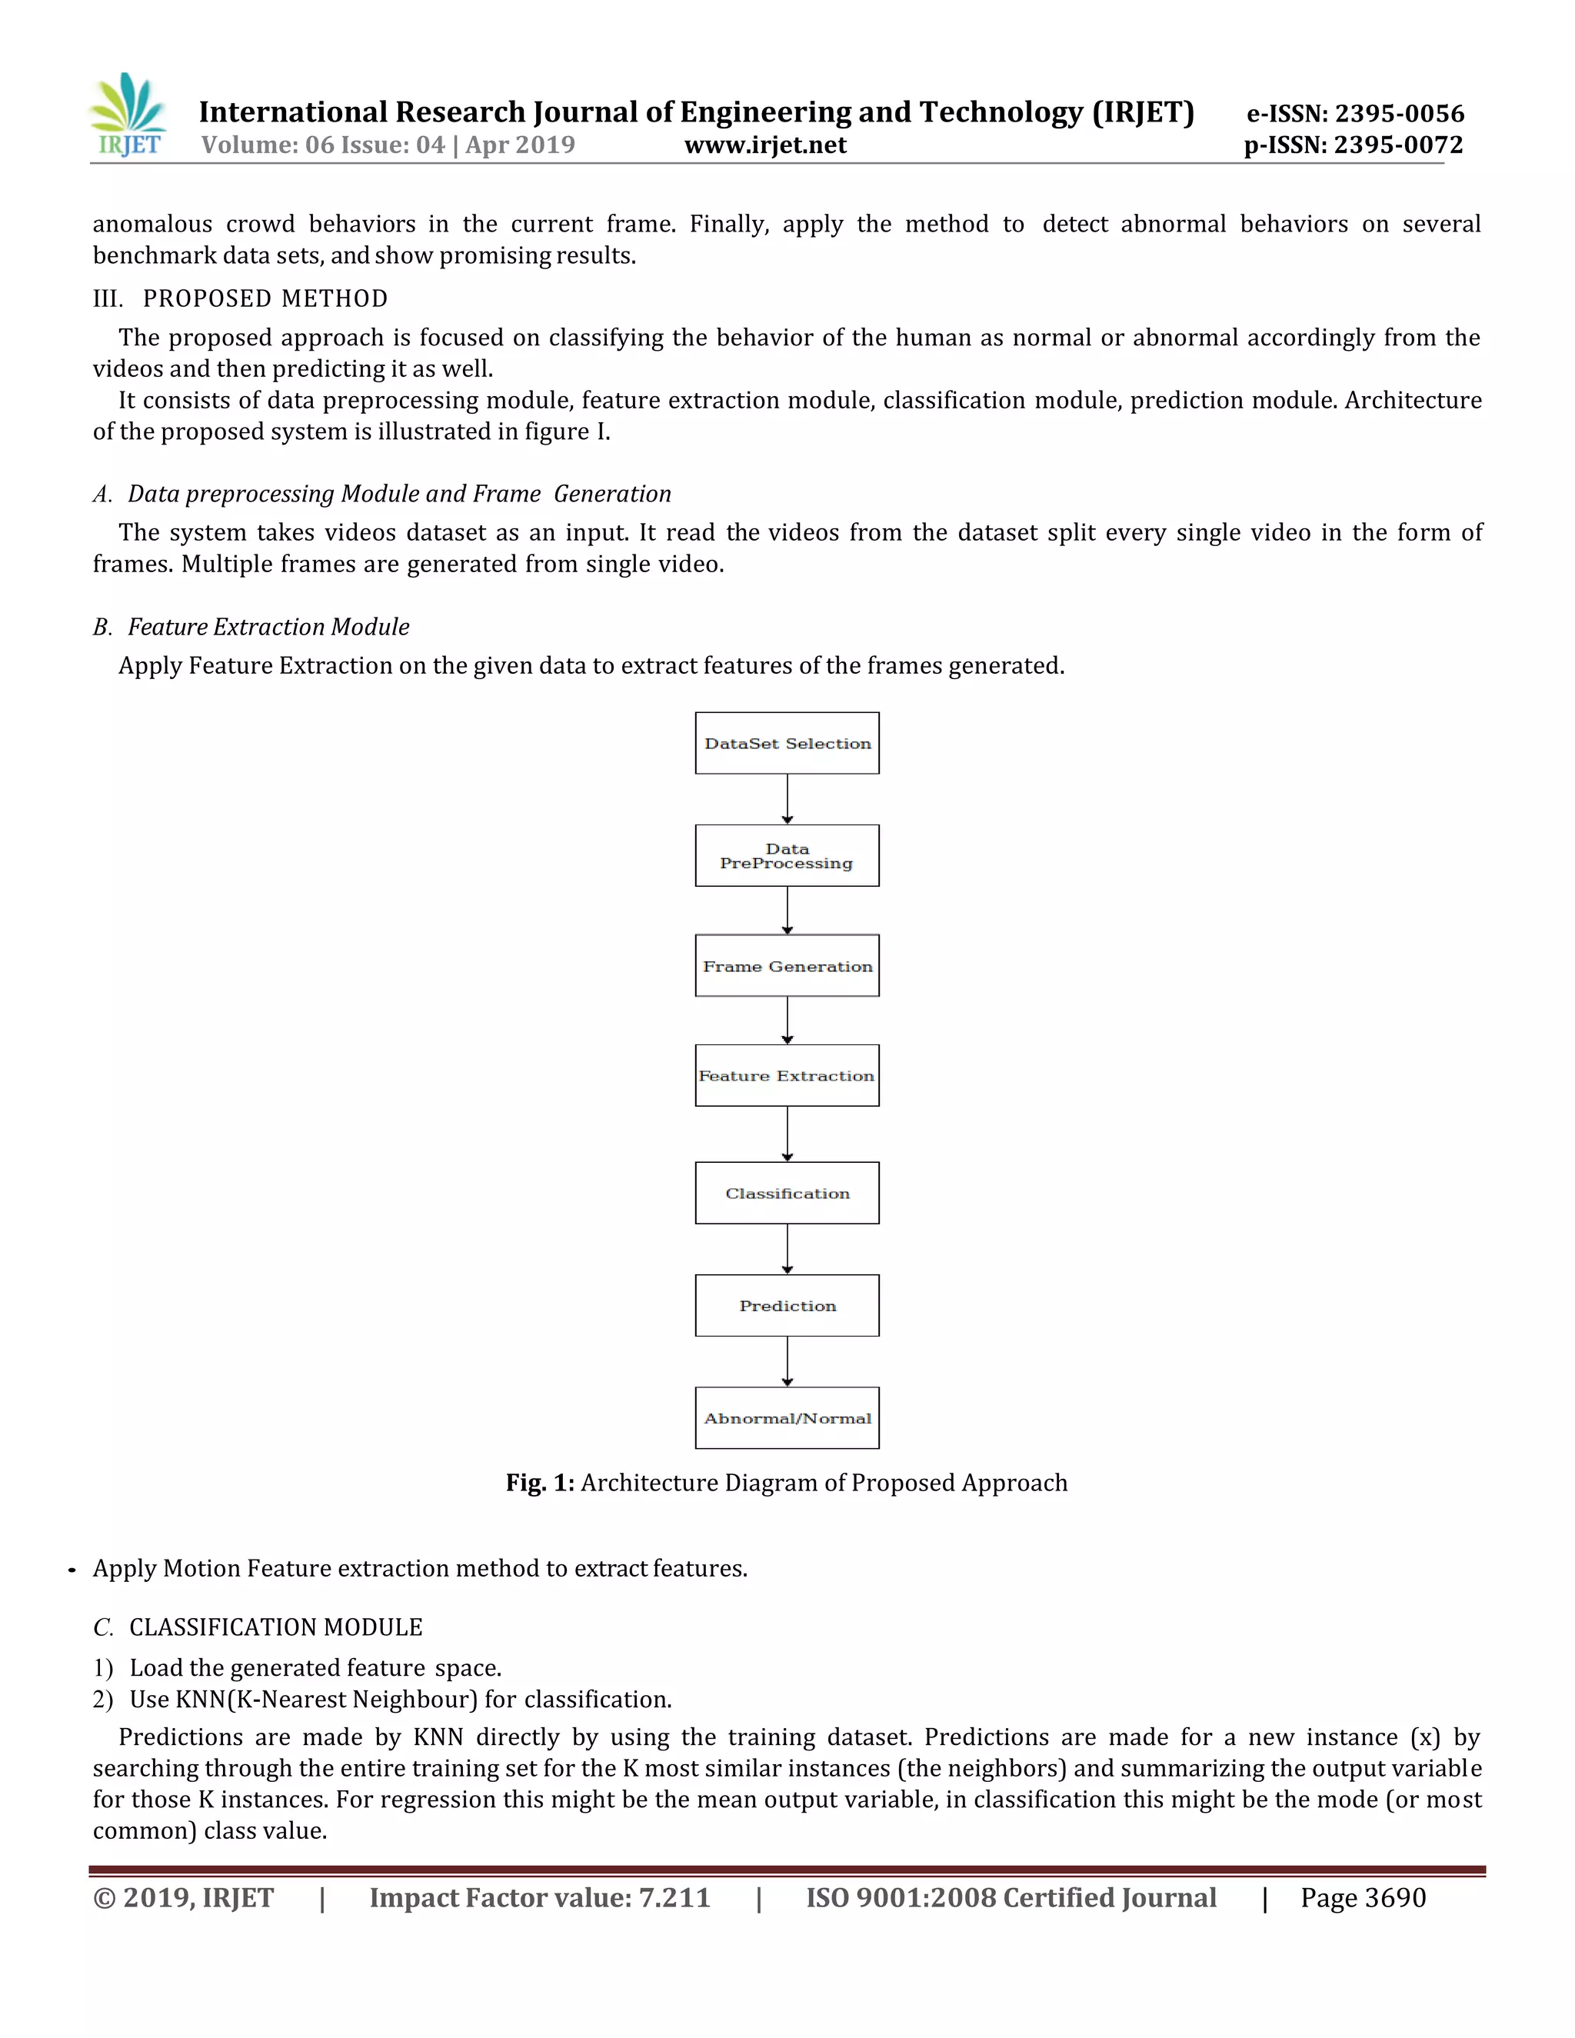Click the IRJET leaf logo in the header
click(128, 115)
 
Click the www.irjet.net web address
click(765, 145)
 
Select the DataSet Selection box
click(787, 743)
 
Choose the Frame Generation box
click(787, 965)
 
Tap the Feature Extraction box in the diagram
click(787, 1075)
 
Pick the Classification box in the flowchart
click(787, 1193)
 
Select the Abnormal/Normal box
click(787, 1417)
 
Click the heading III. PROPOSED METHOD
click(240, 298)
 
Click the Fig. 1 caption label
click(539, 1483)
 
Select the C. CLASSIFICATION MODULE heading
click(258, 1627)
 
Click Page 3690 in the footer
click(1362, 1897)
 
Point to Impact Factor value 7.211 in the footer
click(539, 1897)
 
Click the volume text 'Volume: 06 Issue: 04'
click(323, 145)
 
